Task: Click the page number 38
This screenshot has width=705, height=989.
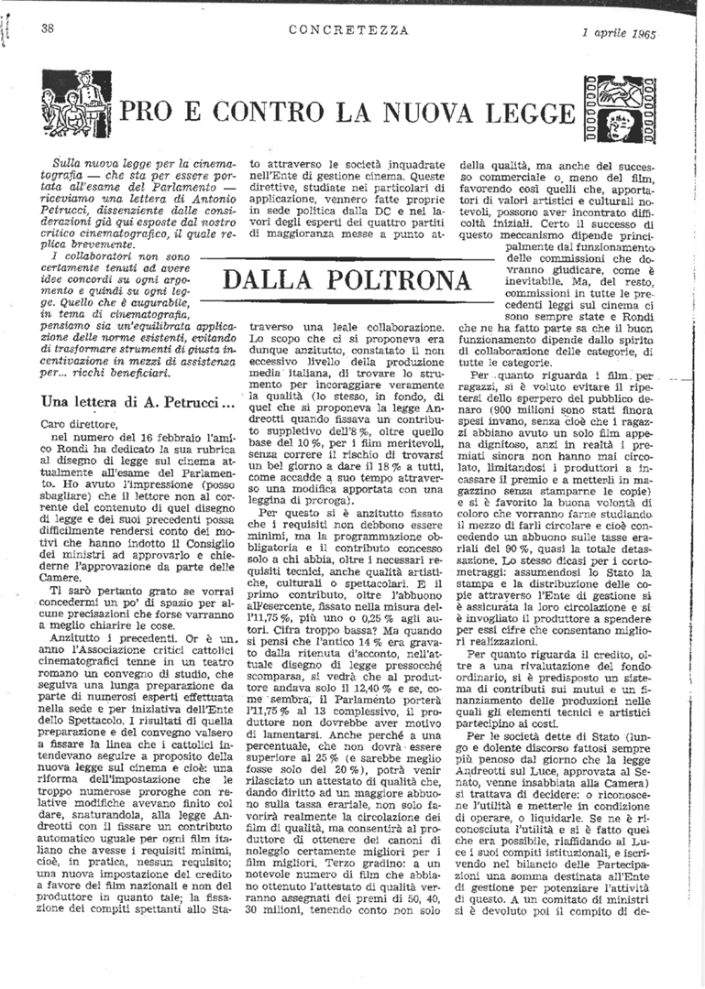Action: [48, 28]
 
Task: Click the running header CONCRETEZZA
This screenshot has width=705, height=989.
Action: [348, 29]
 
